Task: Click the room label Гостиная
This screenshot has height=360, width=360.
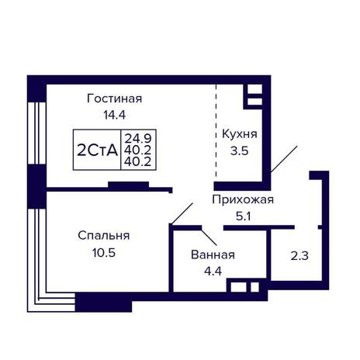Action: (115, 99)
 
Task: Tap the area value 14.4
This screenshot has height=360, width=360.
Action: (115, 115)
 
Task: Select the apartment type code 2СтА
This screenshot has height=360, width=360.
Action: (97, 151)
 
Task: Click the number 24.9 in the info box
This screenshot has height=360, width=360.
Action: (138, 139)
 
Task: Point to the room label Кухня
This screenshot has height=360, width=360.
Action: (240, 135)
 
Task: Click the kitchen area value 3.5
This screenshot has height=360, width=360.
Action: (240, 151)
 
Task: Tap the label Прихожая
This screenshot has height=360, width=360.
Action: (243, 200)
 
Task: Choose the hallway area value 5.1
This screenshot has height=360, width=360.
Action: (244, 216)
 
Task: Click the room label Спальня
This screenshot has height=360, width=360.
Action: (104, 236)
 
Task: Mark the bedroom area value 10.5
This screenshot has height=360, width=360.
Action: (104, 253)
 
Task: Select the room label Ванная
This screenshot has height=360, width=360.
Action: (213, 255)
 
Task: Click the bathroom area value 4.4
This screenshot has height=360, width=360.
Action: (213, 272)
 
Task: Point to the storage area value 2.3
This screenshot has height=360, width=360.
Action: (299, 256)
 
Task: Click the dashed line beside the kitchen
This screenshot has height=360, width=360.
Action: (216, 130)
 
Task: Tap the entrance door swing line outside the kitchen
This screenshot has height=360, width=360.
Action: (284, 159)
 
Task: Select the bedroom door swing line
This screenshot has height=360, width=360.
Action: (182, 213)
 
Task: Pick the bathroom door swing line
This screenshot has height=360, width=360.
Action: (209, 237)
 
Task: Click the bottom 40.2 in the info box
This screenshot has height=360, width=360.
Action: (137, 162)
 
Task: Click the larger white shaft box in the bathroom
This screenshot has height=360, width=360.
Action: (238, 287)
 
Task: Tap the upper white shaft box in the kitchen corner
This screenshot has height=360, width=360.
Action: (254, 89)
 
